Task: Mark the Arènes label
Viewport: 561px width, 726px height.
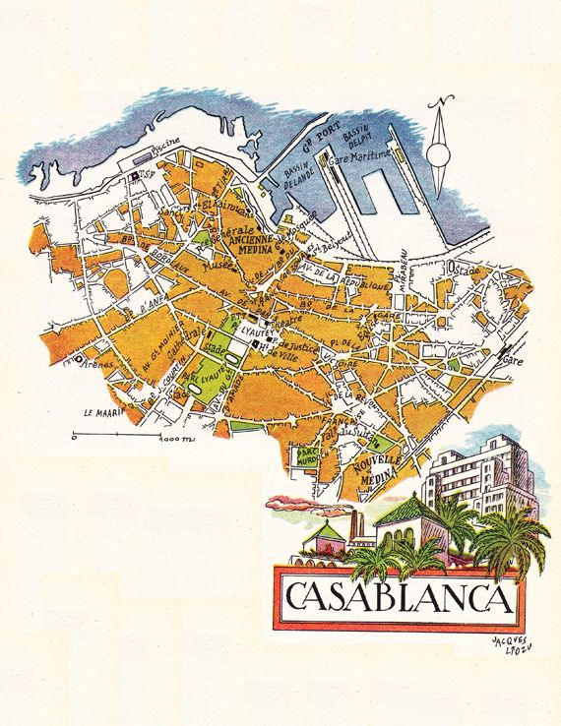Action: coord(100,365)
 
